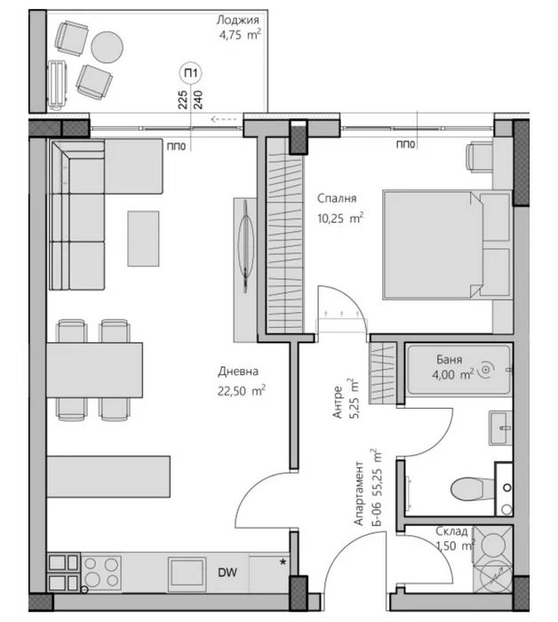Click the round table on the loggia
[x=107, y=47]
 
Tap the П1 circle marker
[x=191, y=74]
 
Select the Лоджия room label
[x=237, y=20]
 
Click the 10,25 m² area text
[x=340, y=218]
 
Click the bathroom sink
[x=500, y=427]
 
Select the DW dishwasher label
[x=227, y=572]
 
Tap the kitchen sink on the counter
[x=187, y=574]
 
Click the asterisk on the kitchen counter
[x=283, y=562]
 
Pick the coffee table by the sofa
[x=143, y=238]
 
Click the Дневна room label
[x=238, y=371]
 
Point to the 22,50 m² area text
[x=241, y=390]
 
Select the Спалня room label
[x=337, y=198]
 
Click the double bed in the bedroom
[x=447, y=245]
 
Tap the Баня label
[x=449, y=359]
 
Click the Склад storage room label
[x=451, y=530]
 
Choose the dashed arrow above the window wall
[x=224, y=118]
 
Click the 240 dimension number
[x=198, y=100]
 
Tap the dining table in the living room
[x=94, y=371]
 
